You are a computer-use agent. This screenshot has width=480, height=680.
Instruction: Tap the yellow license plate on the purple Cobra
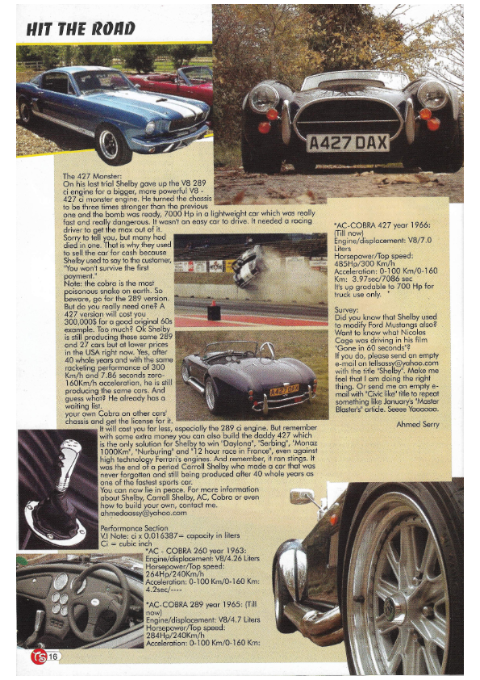coord(284,391)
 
